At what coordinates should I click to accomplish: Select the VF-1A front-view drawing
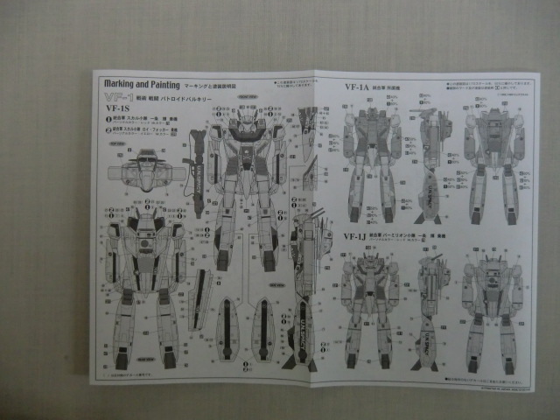[x=371, y=166]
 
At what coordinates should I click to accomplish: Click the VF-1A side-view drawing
[x=432, y=166]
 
